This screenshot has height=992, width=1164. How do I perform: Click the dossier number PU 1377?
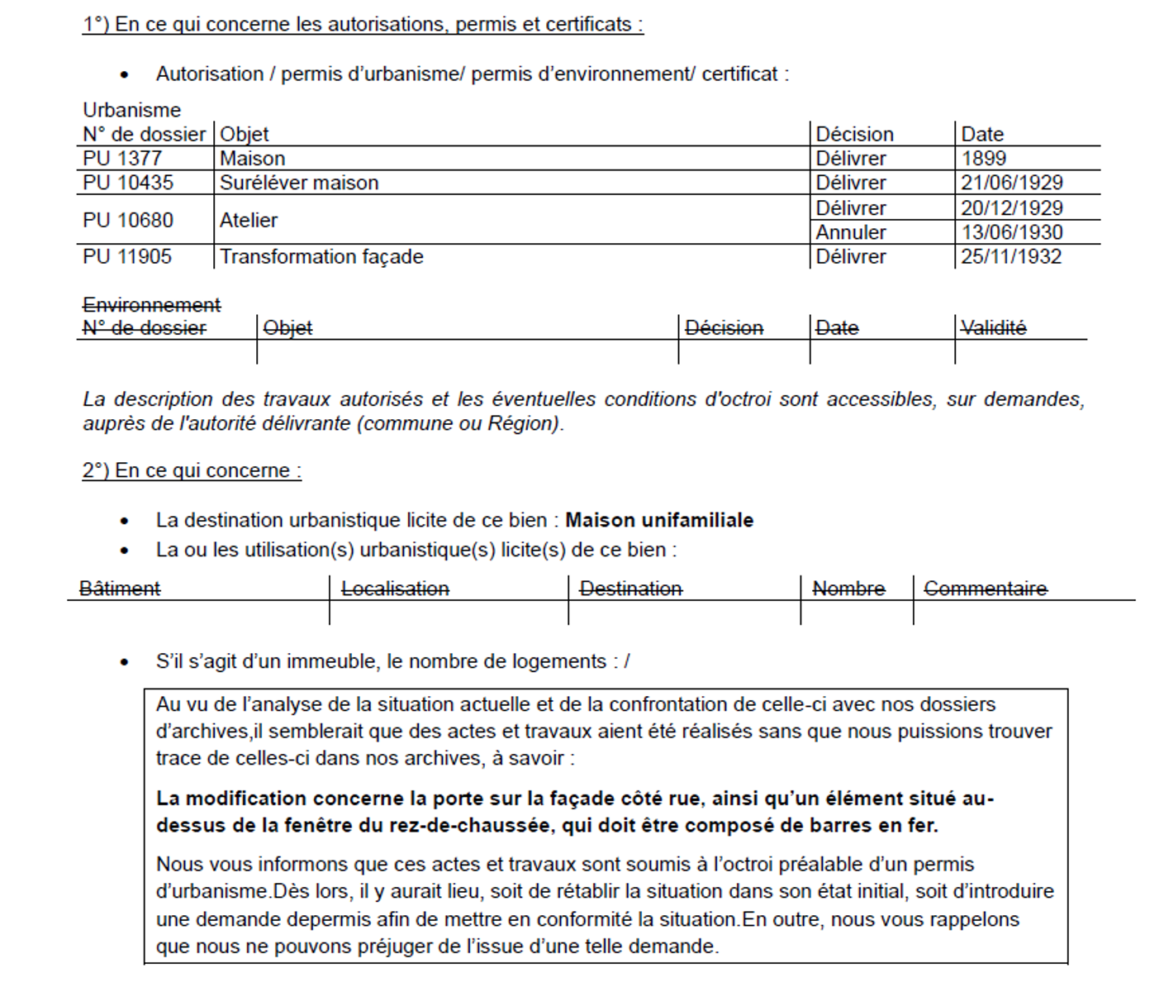pos(122,158)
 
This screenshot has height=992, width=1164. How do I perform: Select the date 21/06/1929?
pos(1011,183)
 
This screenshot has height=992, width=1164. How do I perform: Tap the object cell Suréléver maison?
pos(299,183)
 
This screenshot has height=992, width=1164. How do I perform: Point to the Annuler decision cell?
pos(851,232)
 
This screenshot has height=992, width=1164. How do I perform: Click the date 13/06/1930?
pos(1011,232)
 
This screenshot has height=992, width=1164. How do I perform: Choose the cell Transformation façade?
pos(321,256)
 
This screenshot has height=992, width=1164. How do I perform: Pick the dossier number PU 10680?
pos(128,220)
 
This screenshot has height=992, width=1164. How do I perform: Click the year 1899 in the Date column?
pos(984,158)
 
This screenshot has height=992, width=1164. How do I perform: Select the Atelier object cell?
pos(249,220)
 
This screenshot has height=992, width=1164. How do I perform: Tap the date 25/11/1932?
pos(1011,256)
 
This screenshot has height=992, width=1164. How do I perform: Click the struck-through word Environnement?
pos(152,305)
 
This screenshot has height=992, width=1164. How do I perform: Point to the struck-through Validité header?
pos(993,328)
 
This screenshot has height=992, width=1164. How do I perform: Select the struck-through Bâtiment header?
pos(120,589)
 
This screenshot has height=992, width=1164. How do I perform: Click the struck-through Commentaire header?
pos(986,589)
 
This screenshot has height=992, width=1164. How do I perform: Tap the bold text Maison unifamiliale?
pos(659,520)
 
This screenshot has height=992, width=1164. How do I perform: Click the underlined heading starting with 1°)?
pos(363,25)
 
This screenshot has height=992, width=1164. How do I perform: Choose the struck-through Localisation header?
pos(395,589)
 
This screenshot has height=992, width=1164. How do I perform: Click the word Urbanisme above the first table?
pos(131,110)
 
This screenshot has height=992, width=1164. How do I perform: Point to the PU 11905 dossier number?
pos(127,256)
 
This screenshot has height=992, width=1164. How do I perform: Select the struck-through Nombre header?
pos(848,589)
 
